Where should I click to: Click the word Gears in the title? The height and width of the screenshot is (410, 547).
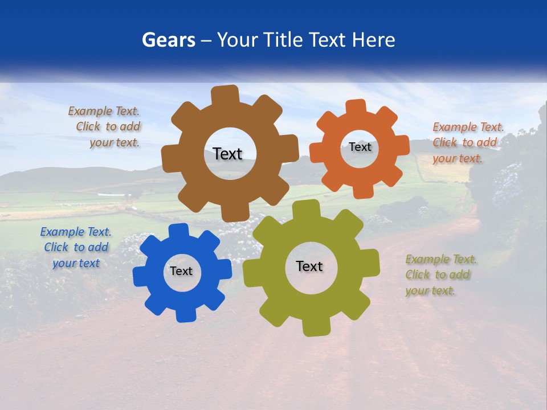[168, 40]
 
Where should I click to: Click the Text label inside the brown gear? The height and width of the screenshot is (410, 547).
[227, 154]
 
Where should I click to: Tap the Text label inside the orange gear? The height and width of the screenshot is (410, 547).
[360, 147]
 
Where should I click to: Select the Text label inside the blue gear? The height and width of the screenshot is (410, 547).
[181, 272]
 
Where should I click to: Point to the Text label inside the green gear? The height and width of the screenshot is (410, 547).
[309, 266]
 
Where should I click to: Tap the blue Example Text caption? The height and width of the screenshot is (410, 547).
[76, 248]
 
